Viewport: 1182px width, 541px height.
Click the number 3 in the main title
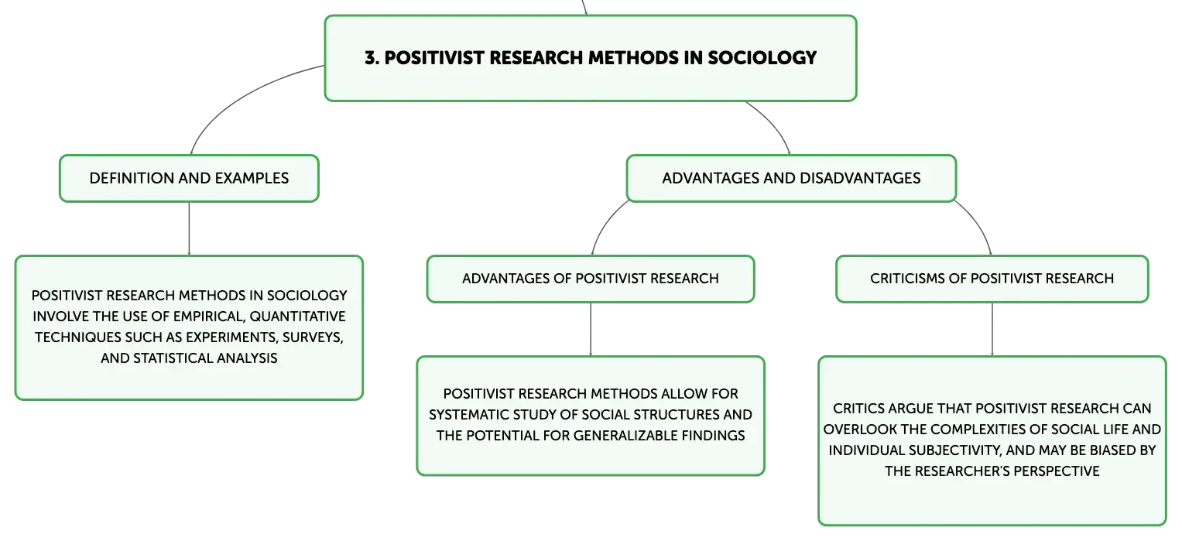pyautogui.click(x=371, y=57)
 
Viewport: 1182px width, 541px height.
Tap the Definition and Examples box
pyautogui.click(x=189, y=178)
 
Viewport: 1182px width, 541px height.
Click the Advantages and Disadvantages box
pyautogui.click(x=791, y=178)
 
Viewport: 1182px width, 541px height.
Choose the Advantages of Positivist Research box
pyautogui.click(x=591, y=279)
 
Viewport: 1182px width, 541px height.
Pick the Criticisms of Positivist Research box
pyautogui.click(x=992, y=279)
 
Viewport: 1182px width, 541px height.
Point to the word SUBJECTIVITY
pyautogui.click(x=954, y=450)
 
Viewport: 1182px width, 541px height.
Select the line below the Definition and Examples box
pyautogui.click(x=189, y=229)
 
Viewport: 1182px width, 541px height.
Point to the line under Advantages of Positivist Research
pyautogui.click(x=591, y=330)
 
